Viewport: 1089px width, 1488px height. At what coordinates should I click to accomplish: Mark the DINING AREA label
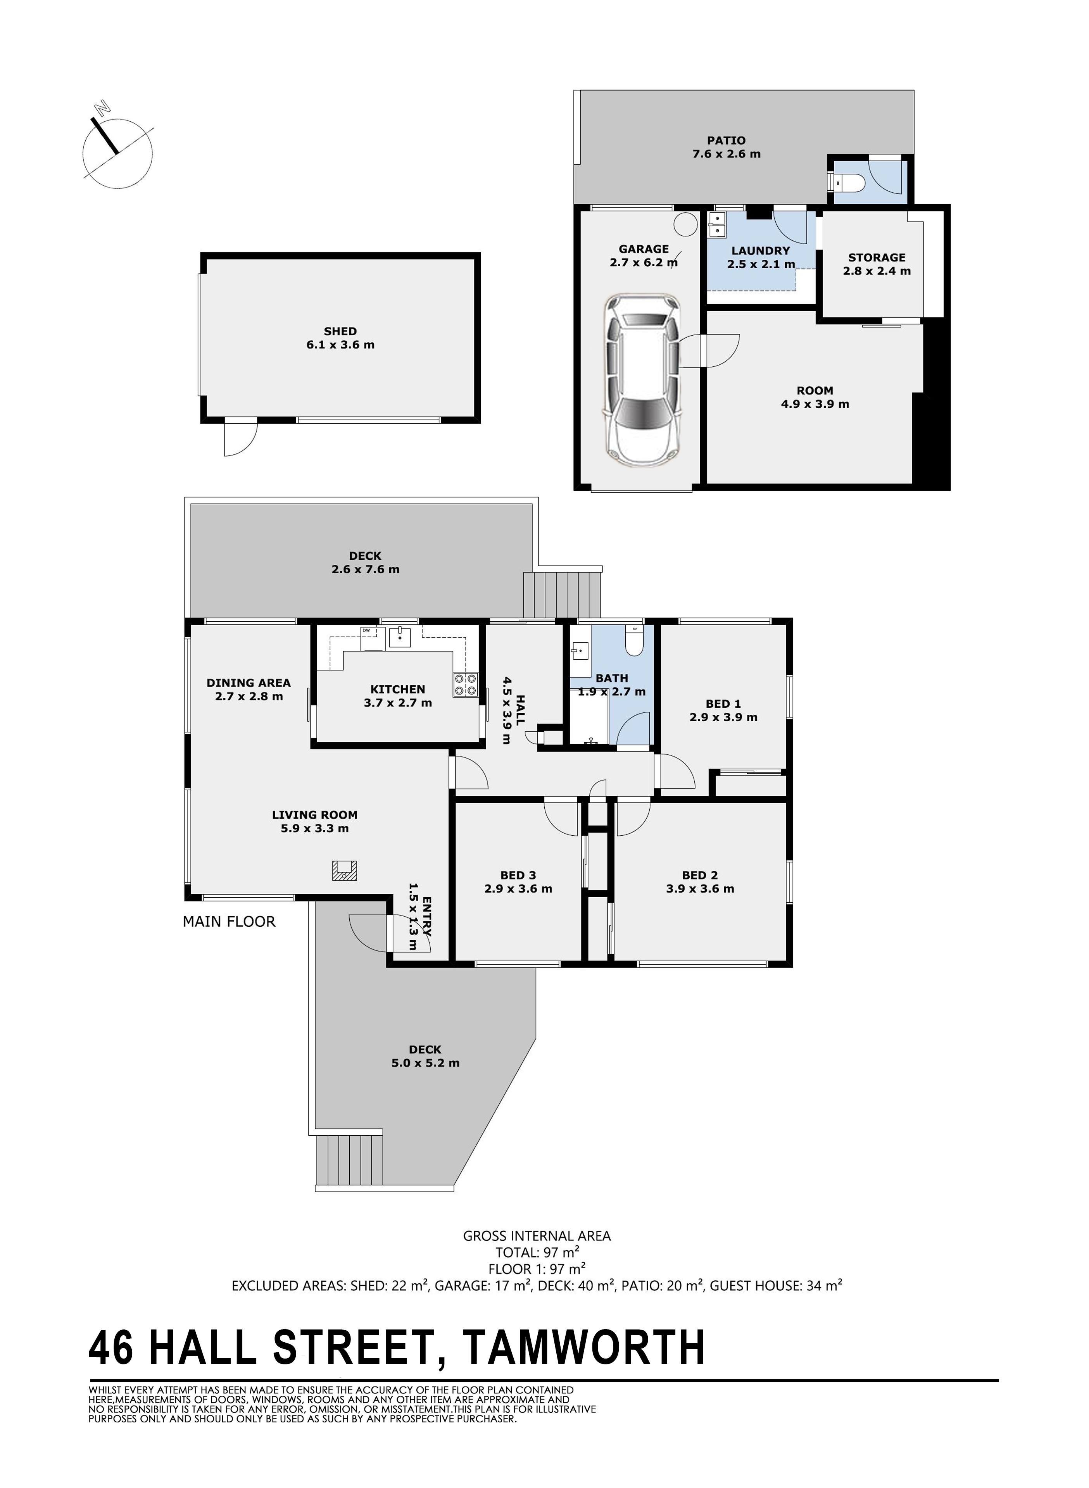click(249, 689)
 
